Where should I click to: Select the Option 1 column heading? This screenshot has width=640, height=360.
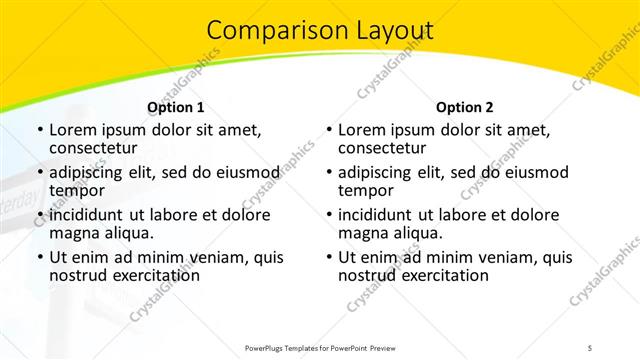point(175,107)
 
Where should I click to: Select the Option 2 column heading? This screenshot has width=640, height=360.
point(464,107)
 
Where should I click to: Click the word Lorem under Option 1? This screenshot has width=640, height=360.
point(72,130)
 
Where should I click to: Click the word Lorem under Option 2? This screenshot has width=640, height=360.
point(361,130)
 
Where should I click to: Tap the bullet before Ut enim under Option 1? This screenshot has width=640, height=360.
point(38,257)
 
